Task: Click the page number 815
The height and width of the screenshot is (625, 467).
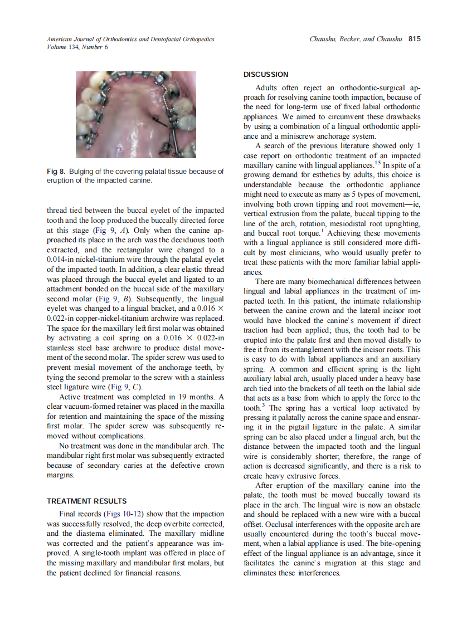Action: pyautogui.click(x=414, y=39)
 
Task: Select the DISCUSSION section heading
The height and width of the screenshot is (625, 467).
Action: pyautogui.click(x=266, y=74)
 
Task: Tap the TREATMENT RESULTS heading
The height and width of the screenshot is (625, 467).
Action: pyautogui.click(x=86, y=501)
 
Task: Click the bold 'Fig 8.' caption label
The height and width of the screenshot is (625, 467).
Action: pyautogui.click(x=56, y=172)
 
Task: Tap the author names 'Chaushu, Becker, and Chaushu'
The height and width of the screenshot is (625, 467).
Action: pyautogui.click(x=357, y=39)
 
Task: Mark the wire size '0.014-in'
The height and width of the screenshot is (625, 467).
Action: pyautogui.click(x=64, y=259)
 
